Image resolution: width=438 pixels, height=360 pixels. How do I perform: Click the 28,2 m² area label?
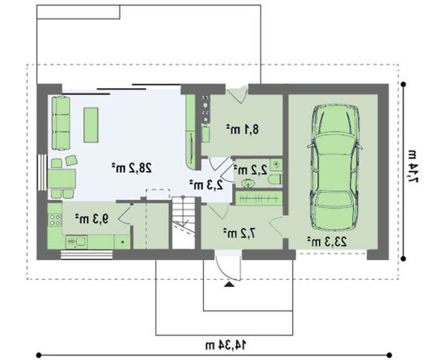pos(132,168)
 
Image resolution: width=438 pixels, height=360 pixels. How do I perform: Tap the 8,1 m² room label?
pos(242,129)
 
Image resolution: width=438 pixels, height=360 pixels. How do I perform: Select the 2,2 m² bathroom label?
pos(250,170)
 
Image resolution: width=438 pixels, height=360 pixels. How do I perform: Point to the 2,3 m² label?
pos(206,185)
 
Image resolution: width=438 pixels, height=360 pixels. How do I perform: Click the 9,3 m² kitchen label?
pos(91,219)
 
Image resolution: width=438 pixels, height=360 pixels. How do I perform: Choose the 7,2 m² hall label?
pos(240,234)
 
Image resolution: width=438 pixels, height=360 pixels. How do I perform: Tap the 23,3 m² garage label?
pos(327,241)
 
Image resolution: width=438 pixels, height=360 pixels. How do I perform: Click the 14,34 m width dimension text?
pos(226,345)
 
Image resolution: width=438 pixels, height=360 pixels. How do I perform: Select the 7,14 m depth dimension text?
pos(412,167)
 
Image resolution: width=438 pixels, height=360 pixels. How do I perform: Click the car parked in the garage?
pos(335,167)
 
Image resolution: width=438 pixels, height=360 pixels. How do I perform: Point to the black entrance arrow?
pos(230,284)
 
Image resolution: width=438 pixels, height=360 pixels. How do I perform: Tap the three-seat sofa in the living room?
pos(61,123)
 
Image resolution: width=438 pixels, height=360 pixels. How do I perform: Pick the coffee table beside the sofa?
pos(91,125)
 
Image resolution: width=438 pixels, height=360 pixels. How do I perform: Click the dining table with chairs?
pos(62,178)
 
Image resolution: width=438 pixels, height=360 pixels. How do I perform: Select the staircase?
pos(183,222)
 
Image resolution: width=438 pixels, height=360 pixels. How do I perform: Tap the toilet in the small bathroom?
pos(275,179)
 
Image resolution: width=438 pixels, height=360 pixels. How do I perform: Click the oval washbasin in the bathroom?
pos(248,183)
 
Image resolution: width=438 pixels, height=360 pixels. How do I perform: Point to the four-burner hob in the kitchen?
pos(55,220)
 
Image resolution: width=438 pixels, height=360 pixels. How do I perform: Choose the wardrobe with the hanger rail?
pos(258,198)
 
